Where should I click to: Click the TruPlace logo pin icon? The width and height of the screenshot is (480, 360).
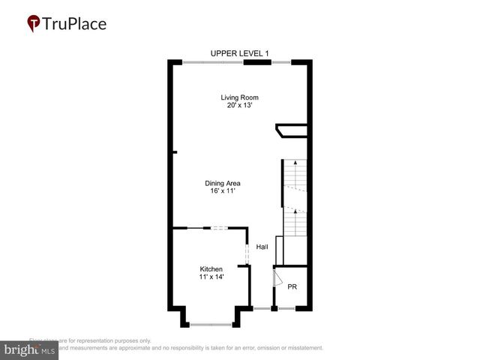tap(34, 23)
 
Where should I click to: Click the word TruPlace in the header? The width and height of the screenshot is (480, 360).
tap(75, 23)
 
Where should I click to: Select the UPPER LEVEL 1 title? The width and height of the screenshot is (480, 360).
tap(239, 52)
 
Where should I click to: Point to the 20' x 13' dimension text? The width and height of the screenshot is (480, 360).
tap(238, 105)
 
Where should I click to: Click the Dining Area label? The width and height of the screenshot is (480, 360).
tap(223, 183)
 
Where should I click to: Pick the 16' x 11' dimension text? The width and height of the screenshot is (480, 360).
tap(223, 191)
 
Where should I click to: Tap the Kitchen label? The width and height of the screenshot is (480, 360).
tap(211, 269)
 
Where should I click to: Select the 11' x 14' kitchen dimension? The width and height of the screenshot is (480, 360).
tap(211, 277)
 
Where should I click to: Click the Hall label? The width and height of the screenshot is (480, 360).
tap(262, 247)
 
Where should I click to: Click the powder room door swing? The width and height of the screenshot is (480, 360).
tap(277, 279)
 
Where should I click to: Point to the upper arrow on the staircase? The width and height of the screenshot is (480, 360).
tap(295, 162)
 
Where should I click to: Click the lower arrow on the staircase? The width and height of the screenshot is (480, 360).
tap(295, 212)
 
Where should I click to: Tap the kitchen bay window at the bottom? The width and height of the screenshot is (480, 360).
tap(211, 324)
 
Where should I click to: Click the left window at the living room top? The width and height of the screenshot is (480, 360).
tap(212, 62)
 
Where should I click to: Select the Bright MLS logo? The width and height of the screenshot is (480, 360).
tap(29, 350)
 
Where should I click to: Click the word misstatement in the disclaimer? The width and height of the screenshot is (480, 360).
tap(299, 348)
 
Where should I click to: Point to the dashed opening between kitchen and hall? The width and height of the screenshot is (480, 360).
tap(247, 252)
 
